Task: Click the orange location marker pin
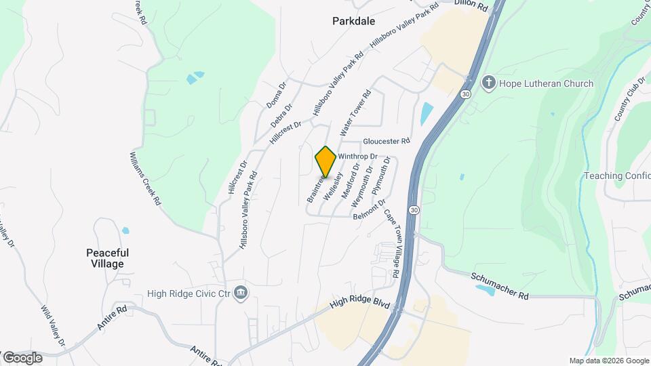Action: (x=325, y=162)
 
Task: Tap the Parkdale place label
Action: (x=353, y=21)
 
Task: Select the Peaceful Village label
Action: (x=108, y=258)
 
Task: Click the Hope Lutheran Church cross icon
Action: (x=488, y=83)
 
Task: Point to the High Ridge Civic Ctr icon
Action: (x=240, y=293)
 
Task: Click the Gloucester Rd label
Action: (x=387, y=142)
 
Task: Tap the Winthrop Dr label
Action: (x=357, y=156)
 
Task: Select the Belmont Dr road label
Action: (x=370, y=210)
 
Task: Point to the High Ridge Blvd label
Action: (x=359, y=305)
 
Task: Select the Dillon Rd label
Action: (x=471, y=5)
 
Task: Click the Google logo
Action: (x=22, y=357)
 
